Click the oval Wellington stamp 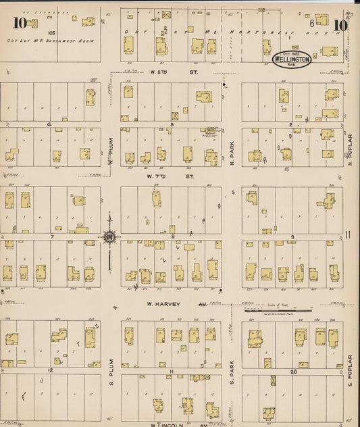[x=292, y=59]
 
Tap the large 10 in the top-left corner [x=18, y=24]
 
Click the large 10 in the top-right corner [x=340, y=26]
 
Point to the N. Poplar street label [x=351, y=152]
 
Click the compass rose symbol [x=108, y=236]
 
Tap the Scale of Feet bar [x=283, y=309]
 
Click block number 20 [x=293, y=372]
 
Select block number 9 [x=292, y=236]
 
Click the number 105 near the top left [x=51, y=32]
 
